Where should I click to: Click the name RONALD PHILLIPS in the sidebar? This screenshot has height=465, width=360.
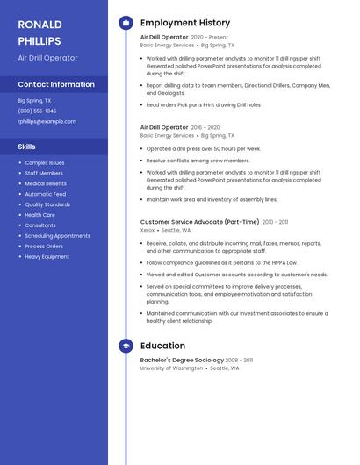pyautogui.click(x=40, y=32)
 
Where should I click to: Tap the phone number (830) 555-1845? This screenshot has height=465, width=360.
pyautogui.click(x=37, y=111)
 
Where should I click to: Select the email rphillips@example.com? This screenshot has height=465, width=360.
pyautogui.click(x=47, y=121)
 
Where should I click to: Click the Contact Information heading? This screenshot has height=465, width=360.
pyautogui.click(x=56, y=84)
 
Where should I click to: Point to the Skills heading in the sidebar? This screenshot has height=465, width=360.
pyautogui.click(x=27, y=147)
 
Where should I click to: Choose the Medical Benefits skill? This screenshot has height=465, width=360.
pyautogui.click(x=46, y=183)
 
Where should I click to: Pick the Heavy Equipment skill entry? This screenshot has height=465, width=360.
pyautogui.click(x=47, y=256)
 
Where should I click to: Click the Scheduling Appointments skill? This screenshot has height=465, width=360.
pyautogui.click(x=57, y=235)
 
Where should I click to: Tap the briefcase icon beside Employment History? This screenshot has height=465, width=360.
pyautogui.click(x=126, y=23)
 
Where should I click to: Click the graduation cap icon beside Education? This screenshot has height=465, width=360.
pyautogui.click(x=126, y=347)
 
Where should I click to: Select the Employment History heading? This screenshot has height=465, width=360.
pyautogui.click(x=185, y=23)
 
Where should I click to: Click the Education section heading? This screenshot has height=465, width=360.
pyautogui.click(x=162, y=347)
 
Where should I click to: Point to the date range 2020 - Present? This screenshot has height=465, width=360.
pyautogui.click(x=209, y=38)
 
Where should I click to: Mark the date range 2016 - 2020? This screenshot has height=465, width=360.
pyautogui.click(x=206, y=128)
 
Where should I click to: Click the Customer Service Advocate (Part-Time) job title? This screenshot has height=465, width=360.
pyautogui.click(x=199, y=222)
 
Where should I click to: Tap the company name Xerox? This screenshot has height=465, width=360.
pyautogui.click(x=148, y=230)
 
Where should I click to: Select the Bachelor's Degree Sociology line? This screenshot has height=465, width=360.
pyautogui.click(x=182, y=361)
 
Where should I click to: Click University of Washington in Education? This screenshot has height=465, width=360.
pyautogui.click(x=171, y=368)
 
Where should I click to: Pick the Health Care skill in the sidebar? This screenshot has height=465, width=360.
pyautogui.click(x=40, y=215)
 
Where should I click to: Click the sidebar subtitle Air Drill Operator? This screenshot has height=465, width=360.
pyautogui.click(x=47, y=58)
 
